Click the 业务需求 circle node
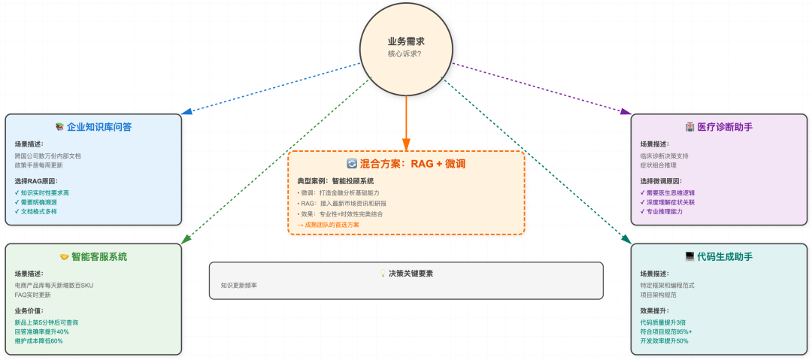click(406, 47)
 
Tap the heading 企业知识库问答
click(99, 127)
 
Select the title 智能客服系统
click(99, 256)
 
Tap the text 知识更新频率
click(238, 286)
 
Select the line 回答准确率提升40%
click(41, 331)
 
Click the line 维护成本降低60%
click(38, 341)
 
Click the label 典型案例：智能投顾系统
click(335, 181)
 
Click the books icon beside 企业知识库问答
click(59, 127)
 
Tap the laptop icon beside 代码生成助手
click(689, 256)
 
